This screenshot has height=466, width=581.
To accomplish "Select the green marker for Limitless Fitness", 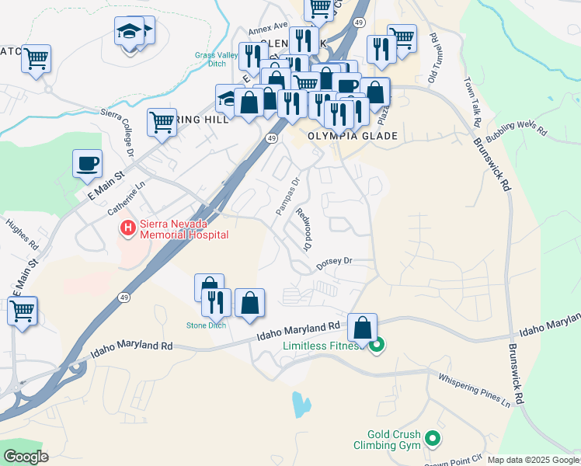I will pos(377,345).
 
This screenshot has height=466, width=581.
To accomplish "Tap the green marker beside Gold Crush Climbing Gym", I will pos(433,440).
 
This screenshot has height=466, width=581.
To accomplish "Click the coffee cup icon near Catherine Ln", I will pos(87,164).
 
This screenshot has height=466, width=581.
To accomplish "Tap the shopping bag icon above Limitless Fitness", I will pos(362,328).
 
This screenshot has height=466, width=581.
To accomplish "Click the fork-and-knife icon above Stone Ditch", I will pos(217,301).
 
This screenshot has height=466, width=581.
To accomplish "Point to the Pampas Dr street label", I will pos(287,197).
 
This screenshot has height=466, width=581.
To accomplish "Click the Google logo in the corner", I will pos(25,456).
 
